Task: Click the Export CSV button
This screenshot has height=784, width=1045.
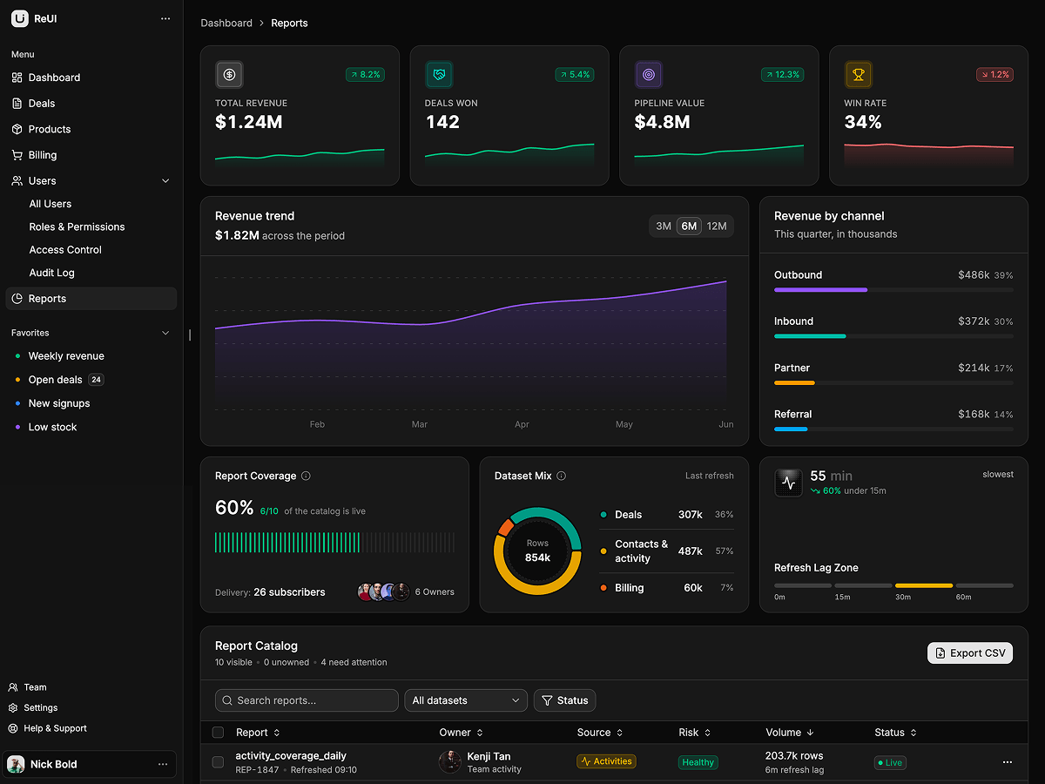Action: tap(970, 653)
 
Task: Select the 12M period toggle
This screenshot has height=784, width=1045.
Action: tap(717, 226)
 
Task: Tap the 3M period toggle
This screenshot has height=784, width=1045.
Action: tap(664, 226)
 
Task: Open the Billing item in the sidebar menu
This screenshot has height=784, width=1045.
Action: tap(43, 155)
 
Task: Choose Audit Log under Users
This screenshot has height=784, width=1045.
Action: tap(52, 273)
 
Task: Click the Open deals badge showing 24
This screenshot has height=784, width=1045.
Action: tap(96, 380)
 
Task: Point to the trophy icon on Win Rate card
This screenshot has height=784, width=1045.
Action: tap(858, 75)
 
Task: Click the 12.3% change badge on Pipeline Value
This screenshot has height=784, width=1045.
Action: tap(782, 75)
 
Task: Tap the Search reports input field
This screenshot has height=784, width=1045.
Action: tap(307, 700)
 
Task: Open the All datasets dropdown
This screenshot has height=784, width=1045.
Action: tap(466, 700)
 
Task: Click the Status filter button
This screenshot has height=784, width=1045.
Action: tap(564, 700)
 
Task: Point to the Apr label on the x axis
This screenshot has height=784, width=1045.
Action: tap(522, 424)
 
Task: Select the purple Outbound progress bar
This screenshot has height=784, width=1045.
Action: tap(821, 290)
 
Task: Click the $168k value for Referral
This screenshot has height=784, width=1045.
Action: tap(974, 414)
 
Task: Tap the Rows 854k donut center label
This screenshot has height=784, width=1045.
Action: tap(537, 551)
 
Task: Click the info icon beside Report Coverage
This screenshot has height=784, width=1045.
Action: tap(307, 476)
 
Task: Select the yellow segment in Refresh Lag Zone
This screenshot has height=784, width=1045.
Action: tap(924, 585)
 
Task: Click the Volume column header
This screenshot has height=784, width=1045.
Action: tap(789, 733)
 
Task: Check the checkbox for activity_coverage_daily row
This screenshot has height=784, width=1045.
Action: tap(218, 762)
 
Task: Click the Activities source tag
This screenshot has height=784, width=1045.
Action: tap(606, 761)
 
